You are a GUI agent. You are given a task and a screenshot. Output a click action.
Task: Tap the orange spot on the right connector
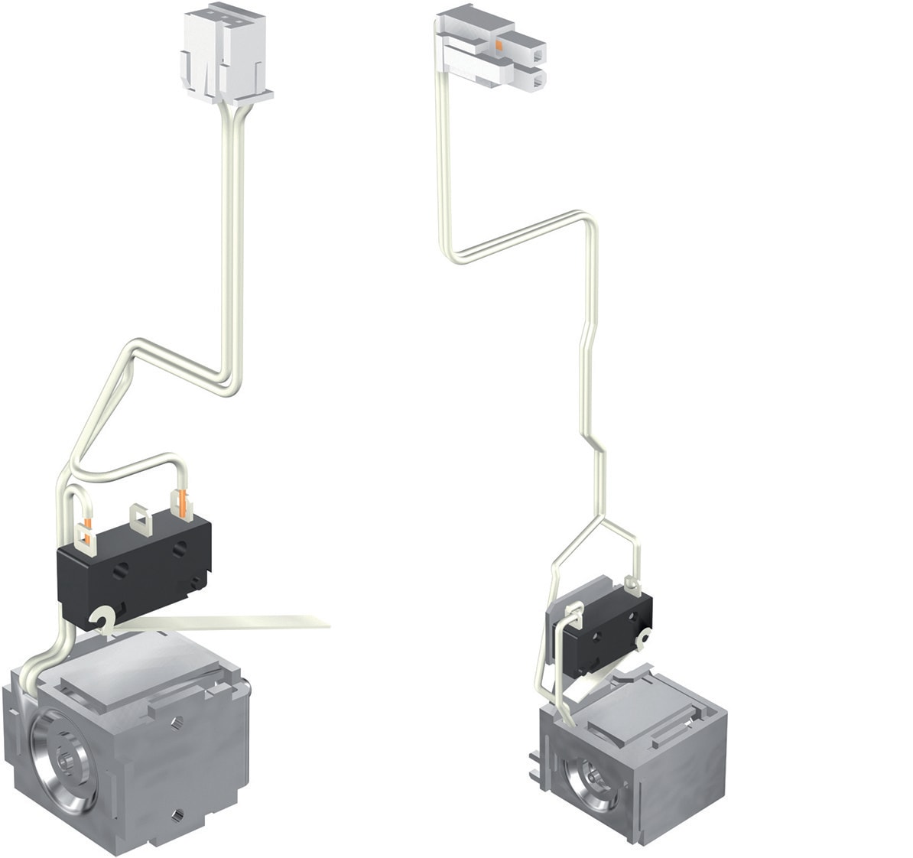tap(498, 47)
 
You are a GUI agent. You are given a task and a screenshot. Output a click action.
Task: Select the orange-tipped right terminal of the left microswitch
tap(183, 505)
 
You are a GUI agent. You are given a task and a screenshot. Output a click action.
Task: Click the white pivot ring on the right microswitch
tap(646, 635)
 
